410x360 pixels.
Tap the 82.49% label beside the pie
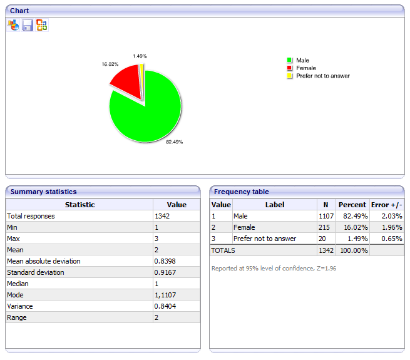click(174, 142)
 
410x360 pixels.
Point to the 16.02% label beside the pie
click(110, 64)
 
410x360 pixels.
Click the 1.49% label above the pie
click(140, 56)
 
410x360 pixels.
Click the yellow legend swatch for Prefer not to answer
click(290, 76)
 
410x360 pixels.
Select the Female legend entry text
click(306, 68)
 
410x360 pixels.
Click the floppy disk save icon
click(28, 25)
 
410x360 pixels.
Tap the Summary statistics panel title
click(43, 192)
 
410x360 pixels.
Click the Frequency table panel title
click(241, 192)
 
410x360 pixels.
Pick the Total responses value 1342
click(161, 216)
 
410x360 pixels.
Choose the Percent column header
click(352, 205)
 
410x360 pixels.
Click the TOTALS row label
click(223, 250)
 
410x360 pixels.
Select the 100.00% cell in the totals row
click(352, 250)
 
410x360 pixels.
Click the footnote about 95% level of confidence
click(274, 268)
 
